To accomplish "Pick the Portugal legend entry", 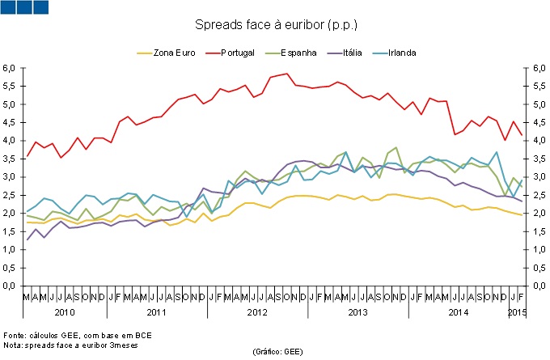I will coord(235,53).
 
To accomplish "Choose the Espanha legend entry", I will coord(297,53).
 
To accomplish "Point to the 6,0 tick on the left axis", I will coord(11,68).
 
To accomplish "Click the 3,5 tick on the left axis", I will coord(11,159).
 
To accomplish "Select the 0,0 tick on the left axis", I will coord(11,286).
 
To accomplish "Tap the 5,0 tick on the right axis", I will coord(536,104).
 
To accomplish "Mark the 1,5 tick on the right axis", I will coord(536,231).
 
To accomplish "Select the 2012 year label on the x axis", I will coord(256,311).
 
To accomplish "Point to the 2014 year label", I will coord(458,311).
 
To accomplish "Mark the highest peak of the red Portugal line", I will coord(286,74).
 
